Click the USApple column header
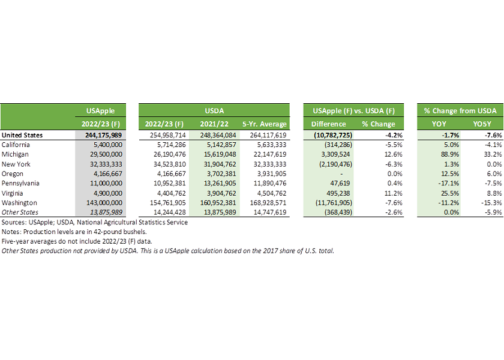[x=101, y=111]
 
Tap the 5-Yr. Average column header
[x=265, y=124]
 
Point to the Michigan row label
[x=17, y=154]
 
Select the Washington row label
[x=20, y=203]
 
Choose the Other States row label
[x=20, y=212]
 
